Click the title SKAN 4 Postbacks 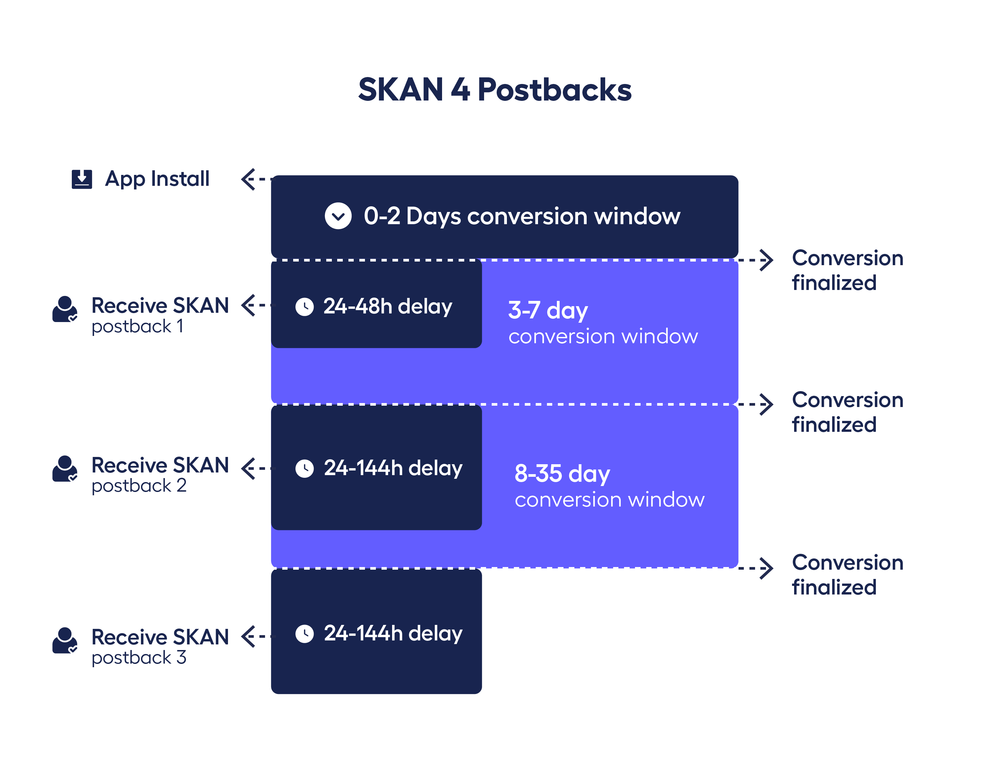click(495, 90)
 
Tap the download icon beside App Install click(82, 179)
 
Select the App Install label click(157, 179)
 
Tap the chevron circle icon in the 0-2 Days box click(338, 216)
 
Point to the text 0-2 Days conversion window click(521, 216)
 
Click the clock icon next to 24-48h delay click(304, 307)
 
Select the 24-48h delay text click(387, 307)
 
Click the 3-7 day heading click(548, 311)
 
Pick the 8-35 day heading click(562, 474)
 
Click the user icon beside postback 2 click(65, 469)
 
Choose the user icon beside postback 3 click(65, 641)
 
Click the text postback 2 click(139, 486)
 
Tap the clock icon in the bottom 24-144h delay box click(304, 634)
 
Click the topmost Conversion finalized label click(847, 270)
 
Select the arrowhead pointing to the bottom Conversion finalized click(766, 568)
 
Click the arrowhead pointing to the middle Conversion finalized click(766, 404)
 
